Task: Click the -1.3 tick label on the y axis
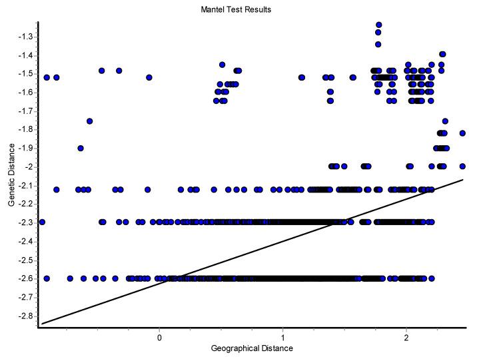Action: tap(24, 36)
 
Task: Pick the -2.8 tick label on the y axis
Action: tap(24, 315)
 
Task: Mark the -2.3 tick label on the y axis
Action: tap(24, 222)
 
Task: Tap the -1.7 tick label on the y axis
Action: tap(24, 111)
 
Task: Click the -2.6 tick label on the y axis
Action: tap(24, 278)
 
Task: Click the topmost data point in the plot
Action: tap(378, 25)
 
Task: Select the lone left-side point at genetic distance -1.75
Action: tap(89, 121)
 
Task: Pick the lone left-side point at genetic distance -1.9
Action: tap(81, 148)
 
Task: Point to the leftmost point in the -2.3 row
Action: tap(42, 222)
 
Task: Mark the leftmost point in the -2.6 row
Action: tap(47, 278)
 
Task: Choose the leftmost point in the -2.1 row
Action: tap(57, 190)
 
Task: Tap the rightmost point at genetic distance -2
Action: tap(462, 166)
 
